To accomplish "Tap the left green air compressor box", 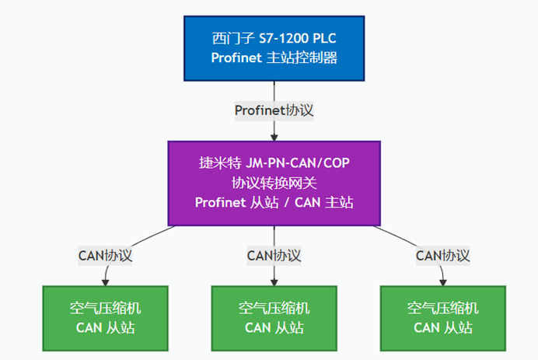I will pos(105,317).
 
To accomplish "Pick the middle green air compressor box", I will pos(274,317).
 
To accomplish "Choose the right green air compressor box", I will pos(442,317).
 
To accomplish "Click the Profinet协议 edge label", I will pos(274,110).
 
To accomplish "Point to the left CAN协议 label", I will pos(105,255).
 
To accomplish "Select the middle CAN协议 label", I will pos(274,255).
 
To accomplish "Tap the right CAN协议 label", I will pos(442,255).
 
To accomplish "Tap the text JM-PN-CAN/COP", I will pos(298,164).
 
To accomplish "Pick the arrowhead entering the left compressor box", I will pos(105,281).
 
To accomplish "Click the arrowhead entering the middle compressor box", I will pos(274,281).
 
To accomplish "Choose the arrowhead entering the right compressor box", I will pos(442,281).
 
